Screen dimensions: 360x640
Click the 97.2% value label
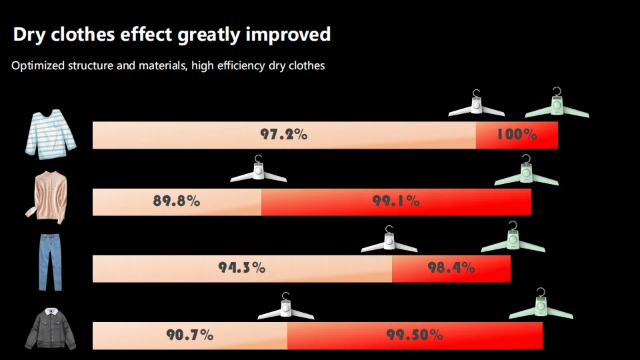click(x=283, y=135)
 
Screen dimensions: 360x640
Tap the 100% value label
click(x=517, y=135)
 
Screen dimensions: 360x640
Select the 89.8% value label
click(x=177, y=201)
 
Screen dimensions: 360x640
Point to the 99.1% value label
click(x=396, y=201)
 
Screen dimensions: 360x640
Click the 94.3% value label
click(x=242, y=268)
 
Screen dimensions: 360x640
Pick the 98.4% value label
click(x=451, y=268)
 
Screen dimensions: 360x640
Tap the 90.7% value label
click(x=190, y=335)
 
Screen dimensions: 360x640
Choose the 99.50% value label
click(x=415, y=335)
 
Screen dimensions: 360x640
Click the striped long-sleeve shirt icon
click(x=51, y=134)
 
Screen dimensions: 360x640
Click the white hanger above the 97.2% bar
click(x=476, y=105)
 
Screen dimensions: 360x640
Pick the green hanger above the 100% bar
click(x=557, y=105)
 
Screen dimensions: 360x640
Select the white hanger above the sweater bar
click(x=259, y=171)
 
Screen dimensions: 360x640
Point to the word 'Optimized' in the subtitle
click(x=38, y=66)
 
